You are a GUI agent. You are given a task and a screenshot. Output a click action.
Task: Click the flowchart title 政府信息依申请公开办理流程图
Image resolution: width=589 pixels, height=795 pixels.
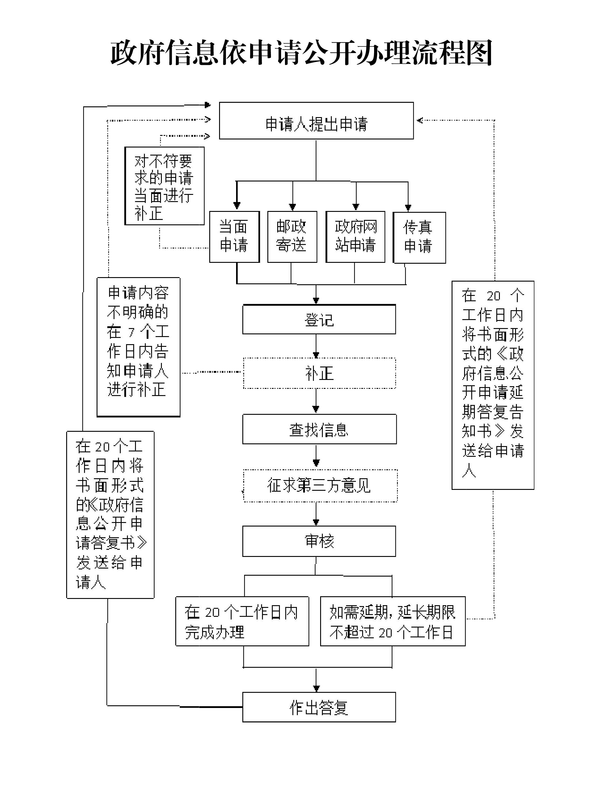tap(301, 53)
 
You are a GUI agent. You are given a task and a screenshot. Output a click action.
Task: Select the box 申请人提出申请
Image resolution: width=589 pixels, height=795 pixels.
tap(316, 121)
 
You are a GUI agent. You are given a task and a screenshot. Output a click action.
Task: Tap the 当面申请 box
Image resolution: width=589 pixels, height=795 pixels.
tap(234, 237)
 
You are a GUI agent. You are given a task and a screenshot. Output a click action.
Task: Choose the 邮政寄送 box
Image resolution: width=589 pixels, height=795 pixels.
tap(292, 237)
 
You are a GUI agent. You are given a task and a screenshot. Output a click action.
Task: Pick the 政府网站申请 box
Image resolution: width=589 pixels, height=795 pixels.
tap(356, 237)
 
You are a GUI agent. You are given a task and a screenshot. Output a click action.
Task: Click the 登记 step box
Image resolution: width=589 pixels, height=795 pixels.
tap(319, 320)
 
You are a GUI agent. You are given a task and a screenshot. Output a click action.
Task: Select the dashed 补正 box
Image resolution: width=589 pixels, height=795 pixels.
tap(320, 373)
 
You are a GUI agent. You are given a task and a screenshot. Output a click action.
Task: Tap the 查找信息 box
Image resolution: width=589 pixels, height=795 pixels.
tap(320, 429)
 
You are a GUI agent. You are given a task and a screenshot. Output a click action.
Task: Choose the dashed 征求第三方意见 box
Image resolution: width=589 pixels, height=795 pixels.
tap(320, 485)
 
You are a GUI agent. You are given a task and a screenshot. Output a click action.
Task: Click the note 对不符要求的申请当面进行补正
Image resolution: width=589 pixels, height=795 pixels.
tap(164, 186)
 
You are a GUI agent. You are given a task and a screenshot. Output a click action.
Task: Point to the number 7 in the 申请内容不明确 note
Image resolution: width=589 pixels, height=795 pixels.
tap(131, 333)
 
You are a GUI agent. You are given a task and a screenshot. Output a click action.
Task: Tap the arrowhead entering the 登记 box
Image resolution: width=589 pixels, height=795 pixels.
tap(316, 300)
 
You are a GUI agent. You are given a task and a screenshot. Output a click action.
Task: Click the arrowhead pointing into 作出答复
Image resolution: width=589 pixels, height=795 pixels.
tap(316, 688)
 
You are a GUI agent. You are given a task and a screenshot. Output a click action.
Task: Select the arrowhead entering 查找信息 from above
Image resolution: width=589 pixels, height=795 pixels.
tap(316, 409)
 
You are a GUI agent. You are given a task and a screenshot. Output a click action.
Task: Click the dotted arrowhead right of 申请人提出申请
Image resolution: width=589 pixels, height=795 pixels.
tap(420, 120)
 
